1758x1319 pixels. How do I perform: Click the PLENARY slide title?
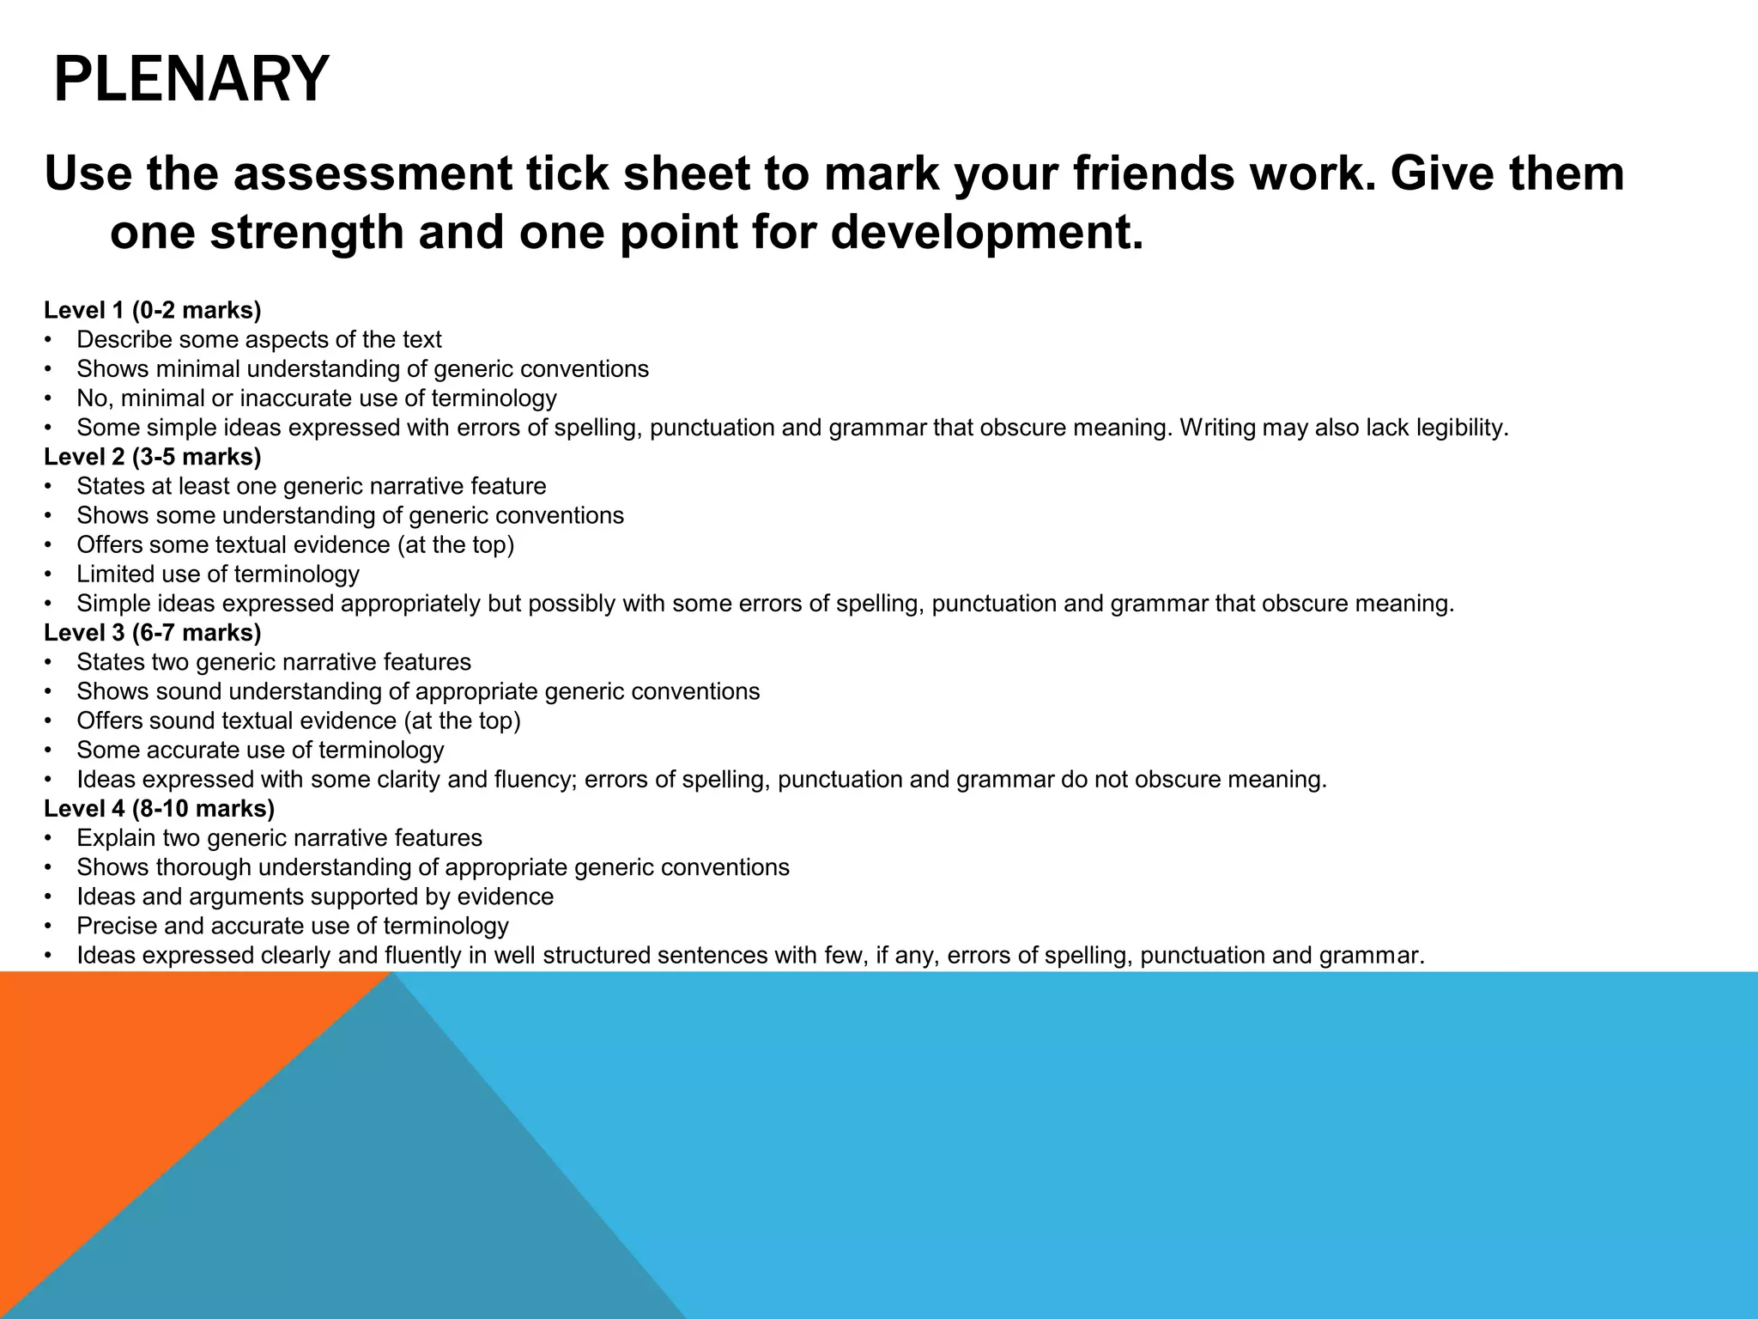click(x=191, y=79)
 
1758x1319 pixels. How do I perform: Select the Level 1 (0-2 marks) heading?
click(x=153, y=310)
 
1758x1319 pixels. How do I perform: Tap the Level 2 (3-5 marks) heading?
click(x=153, y=457)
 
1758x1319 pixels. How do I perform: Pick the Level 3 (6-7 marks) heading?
click(x=153, y=633)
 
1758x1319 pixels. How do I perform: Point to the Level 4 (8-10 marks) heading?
click(x=160, y=809)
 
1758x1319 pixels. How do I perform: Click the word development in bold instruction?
click(x=987, y=232)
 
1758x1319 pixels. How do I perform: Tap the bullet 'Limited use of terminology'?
click(x=218, y=574)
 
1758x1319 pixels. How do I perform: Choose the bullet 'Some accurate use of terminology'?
click(x=260, y=750)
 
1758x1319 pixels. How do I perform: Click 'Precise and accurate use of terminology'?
click(x=293, y=926)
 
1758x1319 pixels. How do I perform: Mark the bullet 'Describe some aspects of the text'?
click(x=259, y=340)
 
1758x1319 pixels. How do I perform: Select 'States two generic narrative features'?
click(x=274, y=662)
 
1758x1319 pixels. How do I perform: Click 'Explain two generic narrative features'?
click(x=279, y=838)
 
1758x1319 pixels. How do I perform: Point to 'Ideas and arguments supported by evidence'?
click(x=315, y=897)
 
